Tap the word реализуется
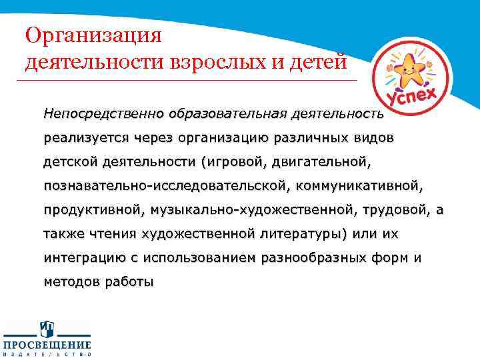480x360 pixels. tap(81, 138)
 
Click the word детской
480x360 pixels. tap(71, 162)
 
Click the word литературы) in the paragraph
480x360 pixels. tap(297, 234)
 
